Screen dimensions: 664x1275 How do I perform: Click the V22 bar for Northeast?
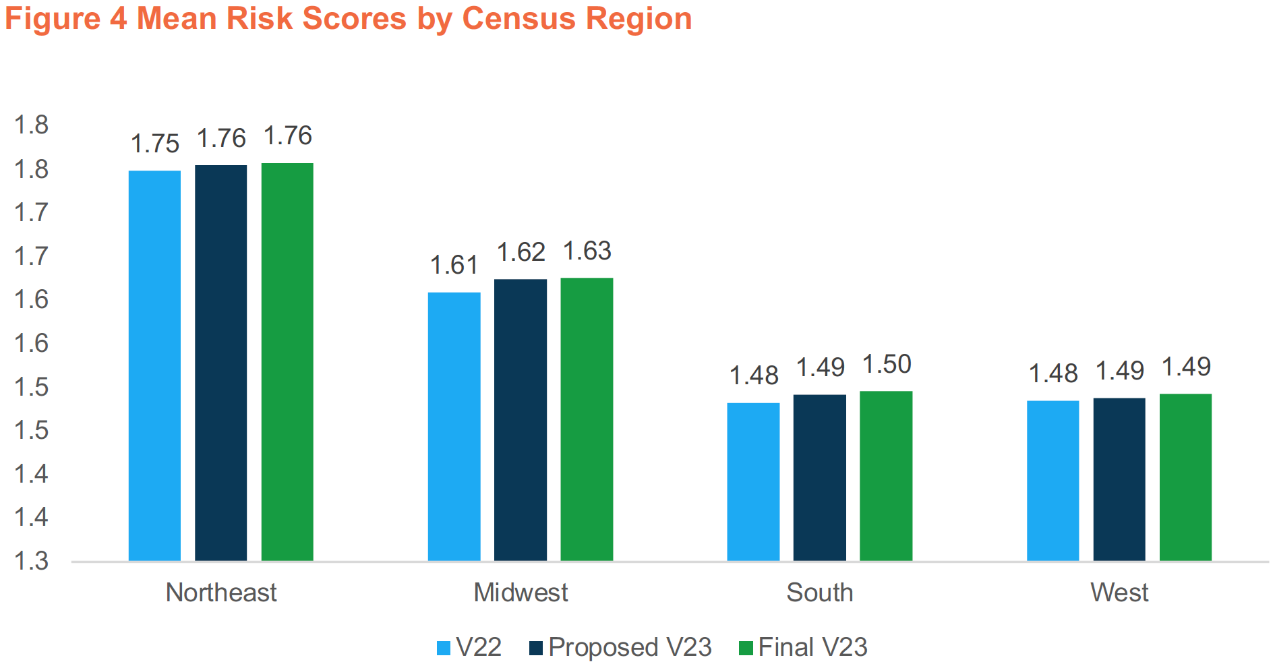[154, 365]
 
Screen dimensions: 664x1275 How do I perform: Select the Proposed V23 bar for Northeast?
[220, 363]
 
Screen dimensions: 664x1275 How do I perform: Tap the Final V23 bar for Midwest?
[587, 419]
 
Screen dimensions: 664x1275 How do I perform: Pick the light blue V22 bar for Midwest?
[454, 426]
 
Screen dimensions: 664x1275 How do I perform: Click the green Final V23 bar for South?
[886, 475]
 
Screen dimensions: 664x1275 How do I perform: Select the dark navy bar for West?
[1119, 479]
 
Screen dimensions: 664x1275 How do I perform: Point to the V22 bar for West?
[1052, 480]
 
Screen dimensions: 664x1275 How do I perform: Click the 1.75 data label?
[154, 144]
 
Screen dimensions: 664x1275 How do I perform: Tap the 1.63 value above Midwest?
[587, 251]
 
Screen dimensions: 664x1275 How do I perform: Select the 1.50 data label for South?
[887, 365]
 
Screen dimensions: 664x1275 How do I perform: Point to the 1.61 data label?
[454, 266]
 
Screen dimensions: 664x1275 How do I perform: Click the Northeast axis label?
[221, 593]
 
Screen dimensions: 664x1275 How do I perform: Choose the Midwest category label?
[521, 593]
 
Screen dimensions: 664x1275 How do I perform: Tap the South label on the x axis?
[819, 593]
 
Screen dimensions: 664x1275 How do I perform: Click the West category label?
[1119, 593]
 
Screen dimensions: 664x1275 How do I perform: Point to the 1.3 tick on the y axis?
[32, 561]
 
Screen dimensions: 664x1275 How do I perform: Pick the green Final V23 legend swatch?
[745, 648]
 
